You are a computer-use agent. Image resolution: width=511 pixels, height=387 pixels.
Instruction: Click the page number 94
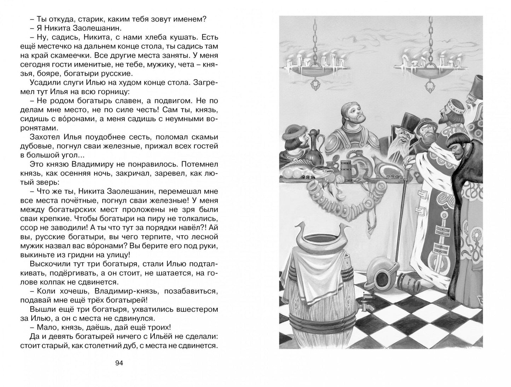118,364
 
